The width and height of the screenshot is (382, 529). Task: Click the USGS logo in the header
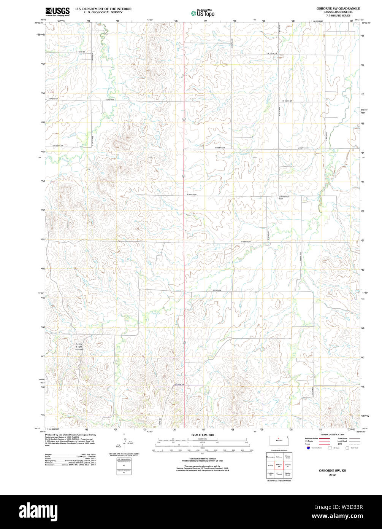[x=57, y=11]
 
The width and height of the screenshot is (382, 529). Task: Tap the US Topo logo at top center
[x=203, y=13]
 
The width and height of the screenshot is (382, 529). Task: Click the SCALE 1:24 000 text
[x=202, y=435]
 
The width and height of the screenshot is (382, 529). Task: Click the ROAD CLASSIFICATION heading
[x=332, y=435]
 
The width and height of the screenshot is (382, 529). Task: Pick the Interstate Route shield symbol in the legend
[x=308, y=448]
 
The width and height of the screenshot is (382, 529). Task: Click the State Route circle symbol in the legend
[x=347, y=448]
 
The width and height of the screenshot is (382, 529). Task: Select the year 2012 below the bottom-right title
[x=332, y=475]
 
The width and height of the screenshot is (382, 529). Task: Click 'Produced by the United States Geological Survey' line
[x=70, y=435]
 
